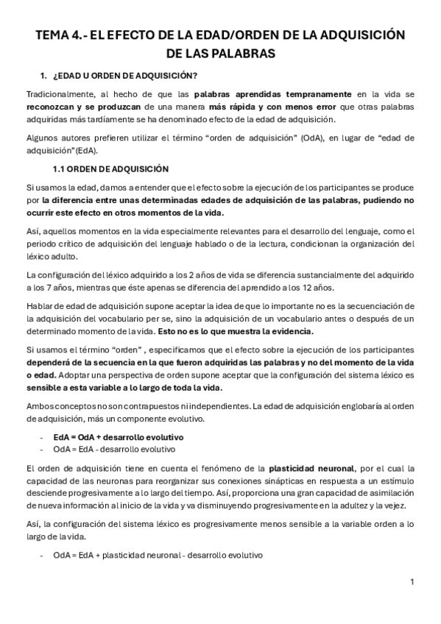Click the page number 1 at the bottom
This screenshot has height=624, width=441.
[x=412, y=581]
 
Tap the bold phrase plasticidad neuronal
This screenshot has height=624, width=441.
[x=311, y=467]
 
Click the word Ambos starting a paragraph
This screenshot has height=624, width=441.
[x=40, y=406]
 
